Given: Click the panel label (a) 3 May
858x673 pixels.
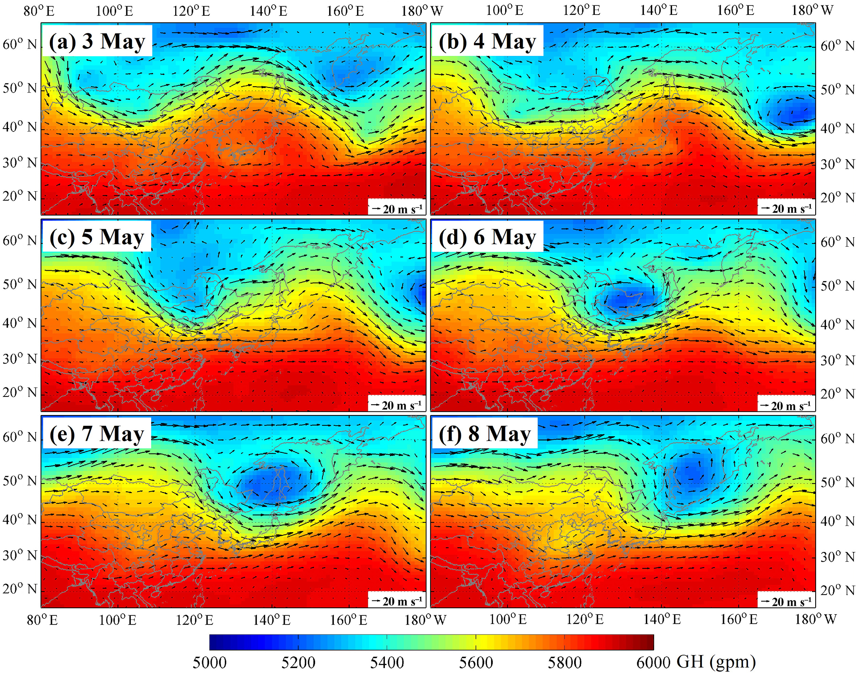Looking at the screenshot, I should tap(97, 41).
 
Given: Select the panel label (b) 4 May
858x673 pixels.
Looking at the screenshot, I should tap(487, 41).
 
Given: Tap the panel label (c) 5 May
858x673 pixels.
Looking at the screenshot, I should tap(97, 237).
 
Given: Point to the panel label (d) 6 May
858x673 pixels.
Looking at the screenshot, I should tap(487, 237).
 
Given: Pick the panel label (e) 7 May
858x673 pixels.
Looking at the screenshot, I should tap(97, 434).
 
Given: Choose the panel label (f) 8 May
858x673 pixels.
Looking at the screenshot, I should tap(484, 434).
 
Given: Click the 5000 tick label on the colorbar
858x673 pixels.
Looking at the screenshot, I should tap(210, 662).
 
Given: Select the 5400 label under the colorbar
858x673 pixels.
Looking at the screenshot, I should tap(387, 662).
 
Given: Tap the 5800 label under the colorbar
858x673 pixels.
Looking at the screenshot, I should tap(565, 662).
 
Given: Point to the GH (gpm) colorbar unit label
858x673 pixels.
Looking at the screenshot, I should tap(716, 661).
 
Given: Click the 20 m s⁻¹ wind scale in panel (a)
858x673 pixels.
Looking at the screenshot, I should tap(397, 209).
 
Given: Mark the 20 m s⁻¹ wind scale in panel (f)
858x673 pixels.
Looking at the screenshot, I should tap(787, 601).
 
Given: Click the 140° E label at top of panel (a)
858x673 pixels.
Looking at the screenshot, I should tap(269, 11).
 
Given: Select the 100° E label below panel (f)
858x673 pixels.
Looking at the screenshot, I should tap(508, 620).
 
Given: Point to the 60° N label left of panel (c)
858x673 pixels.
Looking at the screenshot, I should tap(20, 241).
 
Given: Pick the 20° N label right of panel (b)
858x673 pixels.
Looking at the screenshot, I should tap(838, 197).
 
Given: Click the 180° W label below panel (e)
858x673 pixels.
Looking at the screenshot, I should tap(425, 620).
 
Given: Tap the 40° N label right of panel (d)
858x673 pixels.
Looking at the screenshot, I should tap(838, 324).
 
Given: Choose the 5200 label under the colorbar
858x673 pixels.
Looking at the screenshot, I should tap(298, 662).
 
